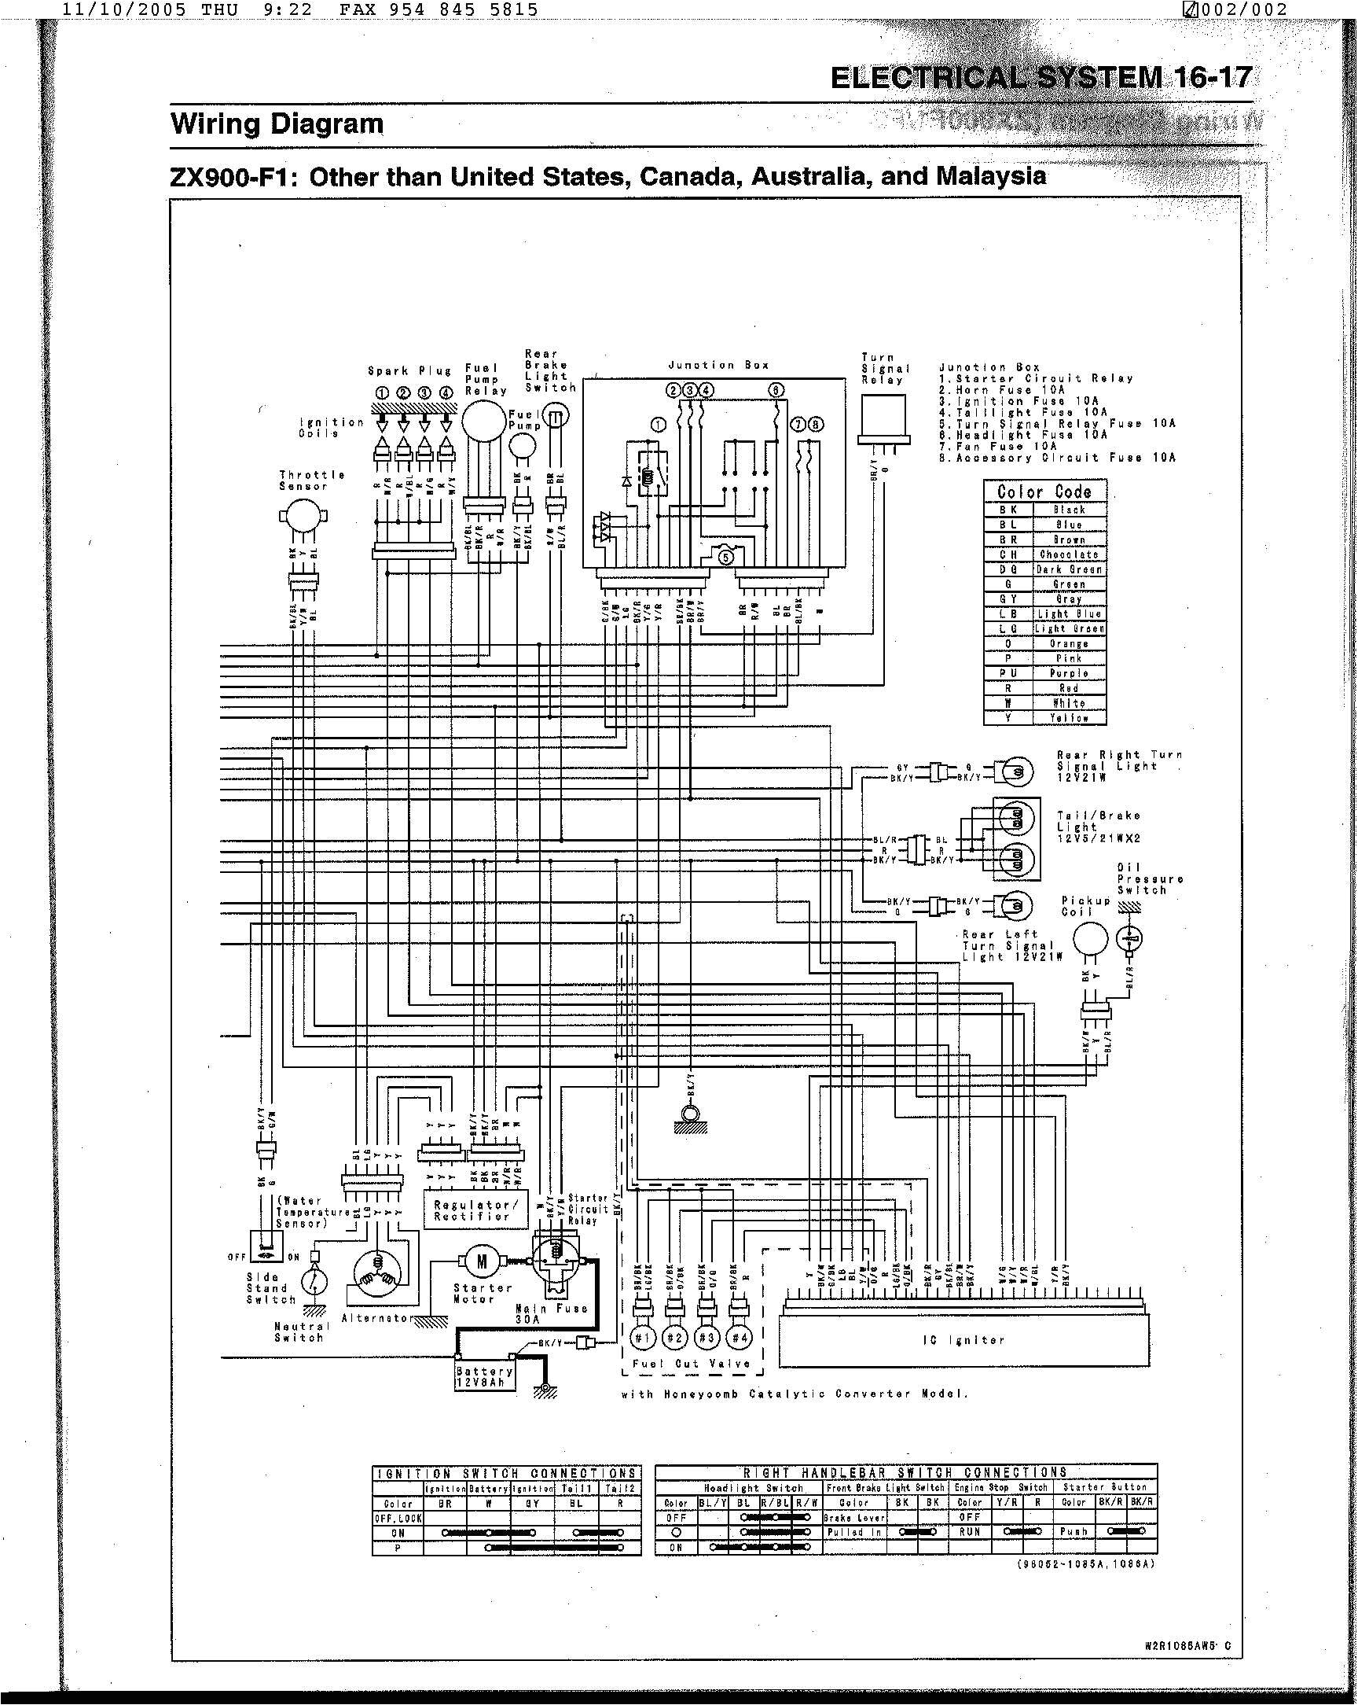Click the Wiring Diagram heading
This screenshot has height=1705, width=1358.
[x=277, y=124]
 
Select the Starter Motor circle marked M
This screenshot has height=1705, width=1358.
[x=482, y=1261]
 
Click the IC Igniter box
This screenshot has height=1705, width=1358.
[x=963, y=1339]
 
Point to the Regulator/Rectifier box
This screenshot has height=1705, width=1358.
[x=475, y=1211]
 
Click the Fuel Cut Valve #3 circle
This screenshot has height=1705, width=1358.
[x=707, y=1338]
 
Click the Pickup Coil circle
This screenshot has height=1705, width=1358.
[x=1092, y=940]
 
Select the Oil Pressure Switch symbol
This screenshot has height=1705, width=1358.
[x=1130, y=939]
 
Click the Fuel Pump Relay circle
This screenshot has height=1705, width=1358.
[x=483, y=421]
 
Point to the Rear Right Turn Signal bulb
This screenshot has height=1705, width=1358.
[x=1015, y=771]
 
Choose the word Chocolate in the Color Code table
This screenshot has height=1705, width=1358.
[x=1069, y=554]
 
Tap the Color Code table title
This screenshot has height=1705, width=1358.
[x=1044, y=490]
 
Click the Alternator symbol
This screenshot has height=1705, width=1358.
[x=377, y=1276]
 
